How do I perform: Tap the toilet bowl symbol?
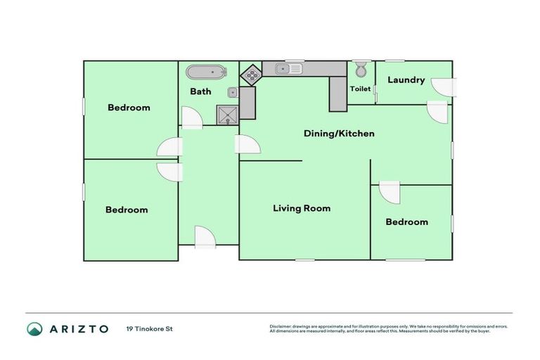pyautogui.click(x=360, y=70)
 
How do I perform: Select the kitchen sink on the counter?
pyautogui.click(x=288, y=68)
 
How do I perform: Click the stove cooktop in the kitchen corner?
pyautogui.click(x=251, y=72)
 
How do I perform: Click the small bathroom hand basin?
pyautogui.click(x=232, y=91)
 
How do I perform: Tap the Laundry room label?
pyautogui.click(x=406, y=80)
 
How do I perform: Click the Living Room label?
pyautogui.click(x=302, y=208)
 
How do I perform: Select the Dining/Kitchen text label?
pyautogui.click(x=339, y=133)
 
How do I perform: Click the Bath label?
pyautogui.click(x=200, y=91)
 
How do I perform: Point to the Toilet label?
pyautogui.click(x=360, y=89)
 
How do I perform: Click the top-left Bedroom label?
pyautogui.click(x=129, y=108)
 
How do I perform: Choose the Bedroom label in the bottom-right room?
pyautogui.click(x=406, y=222)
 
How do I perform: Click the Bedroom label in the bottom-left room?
pyautogui.click(x=127, y=210)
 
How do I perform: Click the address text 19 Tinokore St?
pyautogui.click(x=149, y=328)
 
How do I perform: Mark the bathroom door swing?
pyautogui.click(x=192, y=117)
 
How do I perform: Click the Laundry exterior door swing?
pyautogui.click(x=444, y=86)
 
